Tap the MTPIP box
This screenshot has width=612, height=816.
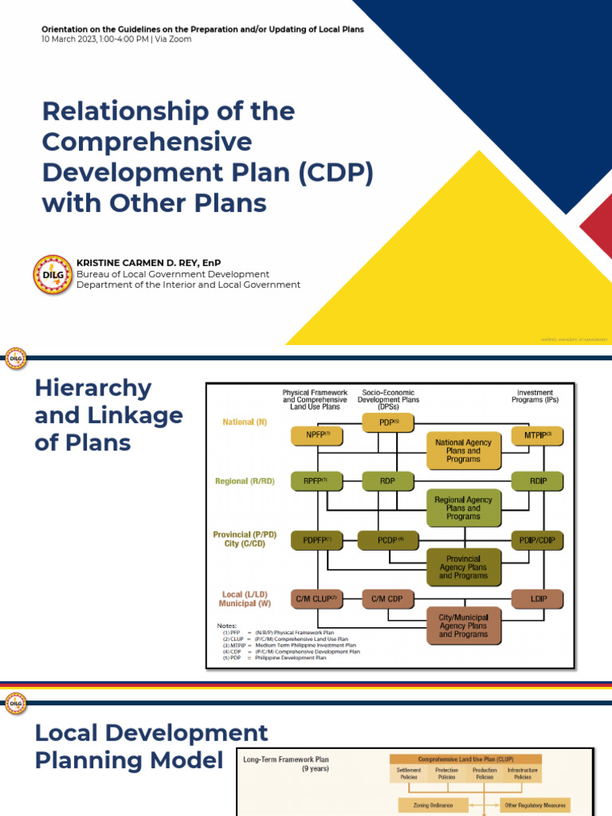point(537,436)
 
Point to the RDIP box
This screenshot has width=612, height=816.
point(537,481)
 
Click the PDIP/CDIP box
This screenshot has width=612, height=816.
point(537,540)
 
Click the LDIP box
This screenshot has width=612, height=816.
point(537,598)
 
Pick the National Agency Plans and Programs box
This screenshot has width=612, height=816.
point(463,451)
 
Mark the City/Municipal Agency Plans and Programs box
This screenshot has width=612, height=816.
point(463,626)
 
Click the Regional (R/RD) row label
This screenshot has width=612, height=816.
point(245,481)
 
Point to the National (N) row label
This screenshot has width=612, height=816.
point(245,422)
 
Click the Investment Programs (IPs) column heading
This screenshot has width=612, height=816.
point(535,397)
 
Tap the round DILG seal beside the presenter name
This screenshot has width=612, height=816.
point(53,274)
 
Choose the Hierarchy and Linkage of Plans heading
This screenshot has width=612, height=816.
point(108,415)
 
